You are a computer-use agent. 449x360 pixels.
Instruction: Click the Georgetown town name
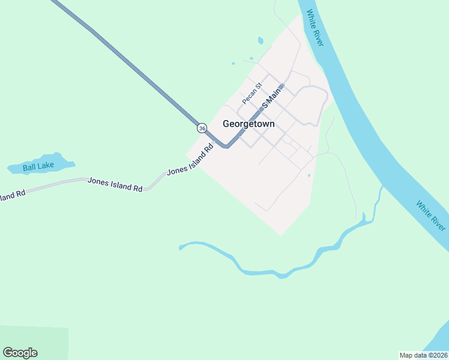pyautogui.click(x=249, y=124)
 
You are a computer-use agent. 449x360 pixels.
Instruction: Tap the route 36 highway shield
pyautogui.click(x=202, y=128)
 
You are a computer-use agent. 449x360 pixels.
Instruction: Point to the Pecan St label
pyautogui.click(x=252, y=93)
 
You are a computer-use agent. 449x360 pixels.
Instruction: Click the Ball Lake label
pyautogui.click(x=38, y=167)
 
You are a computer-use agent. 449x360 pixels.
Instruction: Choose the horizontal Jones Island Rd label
pyautogui.click(x=115, y=184)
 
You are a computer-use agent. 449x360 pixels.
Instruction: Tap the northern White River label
pyautogui.click(x=315, y=28)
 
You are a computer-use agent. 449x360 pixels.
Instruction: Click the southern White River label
pyautogui.click(x=431, y=217)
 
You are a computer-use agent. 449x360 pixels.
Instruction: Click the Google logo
pyautogui.click(x=20, y=353)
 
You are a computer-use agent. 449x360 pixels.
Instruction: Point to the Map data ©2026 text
pyautogui.click(x=423, y=355)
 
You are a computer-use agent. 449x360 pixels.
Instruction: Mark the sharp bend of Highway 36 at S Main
pyautogui.click(x=226, y=146)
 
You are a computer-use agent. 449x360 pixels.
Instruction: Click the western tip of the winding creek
pyautogui.click(x=181, y=247)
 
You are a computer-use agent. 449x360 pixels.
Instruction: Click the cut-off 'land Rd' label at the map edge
pyautogui.click(x=12, y=195)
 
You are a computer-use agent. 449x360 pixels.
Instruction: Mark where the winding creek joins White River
pyautogui.click(x=382, y=190)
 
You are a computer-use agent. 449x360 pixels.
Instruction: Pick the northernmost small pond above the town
pyautogui.click(x=260, y=41)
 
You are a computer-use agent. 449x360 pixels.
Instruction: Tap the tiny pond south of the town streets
pyautogui.click(x=309, y=176)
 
